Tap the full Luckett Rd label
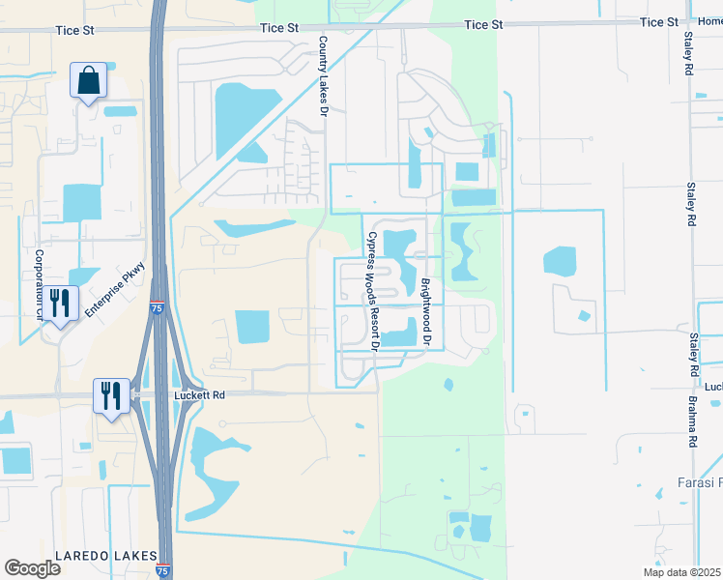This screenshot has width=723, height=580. [x=199, y=394]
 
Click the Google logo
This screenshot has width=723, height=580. [x=32, y=567]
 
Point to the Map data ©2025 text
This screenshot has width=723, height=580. [x=680, y=572]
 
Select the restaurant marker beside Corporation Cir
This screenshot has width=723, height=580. [x=60, y=304]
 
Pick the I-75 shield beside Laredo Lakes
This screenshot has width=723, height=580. [x=163, y=571]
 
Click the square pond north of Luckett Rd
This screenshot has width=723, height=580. [x=254, y=327]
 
